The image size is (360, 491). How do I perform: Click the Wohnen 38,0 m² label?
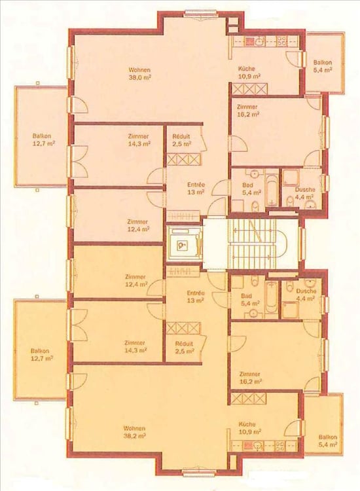pyautogui.click(x=140, y=73)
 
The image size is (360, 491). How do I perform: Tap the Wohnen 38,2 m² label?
pyautogui.click(x=134, y=432)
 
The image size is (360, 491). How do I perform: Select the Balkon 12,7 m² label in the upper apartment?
pyautogui.click(x=42, y=140)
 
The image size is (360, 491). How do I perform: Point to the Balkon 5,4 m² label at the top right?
pyautogui.click(x=323, y=66)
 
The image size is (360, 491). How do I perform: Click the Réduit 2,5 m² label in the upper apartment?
pyautogui.click(x=181, y=140)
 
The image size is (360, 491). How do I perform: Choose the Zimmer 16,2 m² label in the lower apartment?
pyautogui.click(x=250, y=378)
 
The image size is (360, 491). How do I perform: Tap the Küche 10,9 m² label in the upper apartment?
pyautogui.click(x=249, y=72)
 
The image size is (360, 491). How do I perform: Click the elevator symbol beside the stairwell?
pyautogui.click(x=184, y=243)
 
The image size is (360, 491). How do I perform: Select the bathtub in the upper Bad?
pyautogui.click(x=272, y=191)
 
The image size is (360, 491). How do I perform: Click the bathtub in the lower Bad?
pyautogui.click(x=272, y=297)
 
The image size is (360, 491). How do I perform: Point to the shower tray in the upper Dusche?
pyautogui.click(x=291, y=179)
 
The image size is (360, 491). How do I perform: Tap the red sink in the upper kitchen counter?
pyautogui.click(x=250, y=42)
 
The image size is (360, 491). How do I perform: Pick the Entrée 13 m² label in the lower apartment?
pyautogui.click(x=196, y=297)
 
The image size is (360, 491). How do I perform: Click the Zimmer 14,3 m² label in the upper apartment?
pyautogui.click(x=138, y=140)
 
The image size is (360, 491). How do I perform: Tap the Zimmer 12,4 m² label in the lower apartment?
pyautogui.click(x=135, y=281)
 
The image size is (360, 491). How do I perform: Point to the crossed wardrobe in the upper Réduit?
pyautogui.click(x=183, y=159)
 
